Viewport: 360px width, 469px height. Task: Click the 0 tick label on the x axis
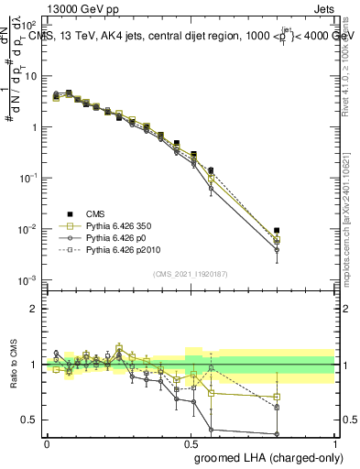[47, 443]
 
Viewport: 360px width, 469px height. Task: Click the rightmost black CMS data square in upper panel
[277, 231]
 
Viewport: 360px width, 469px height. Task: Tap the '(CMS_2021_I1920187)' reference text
[190, 273]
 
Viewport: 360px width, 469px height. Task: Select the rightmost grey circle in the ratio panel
[277, 434]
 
